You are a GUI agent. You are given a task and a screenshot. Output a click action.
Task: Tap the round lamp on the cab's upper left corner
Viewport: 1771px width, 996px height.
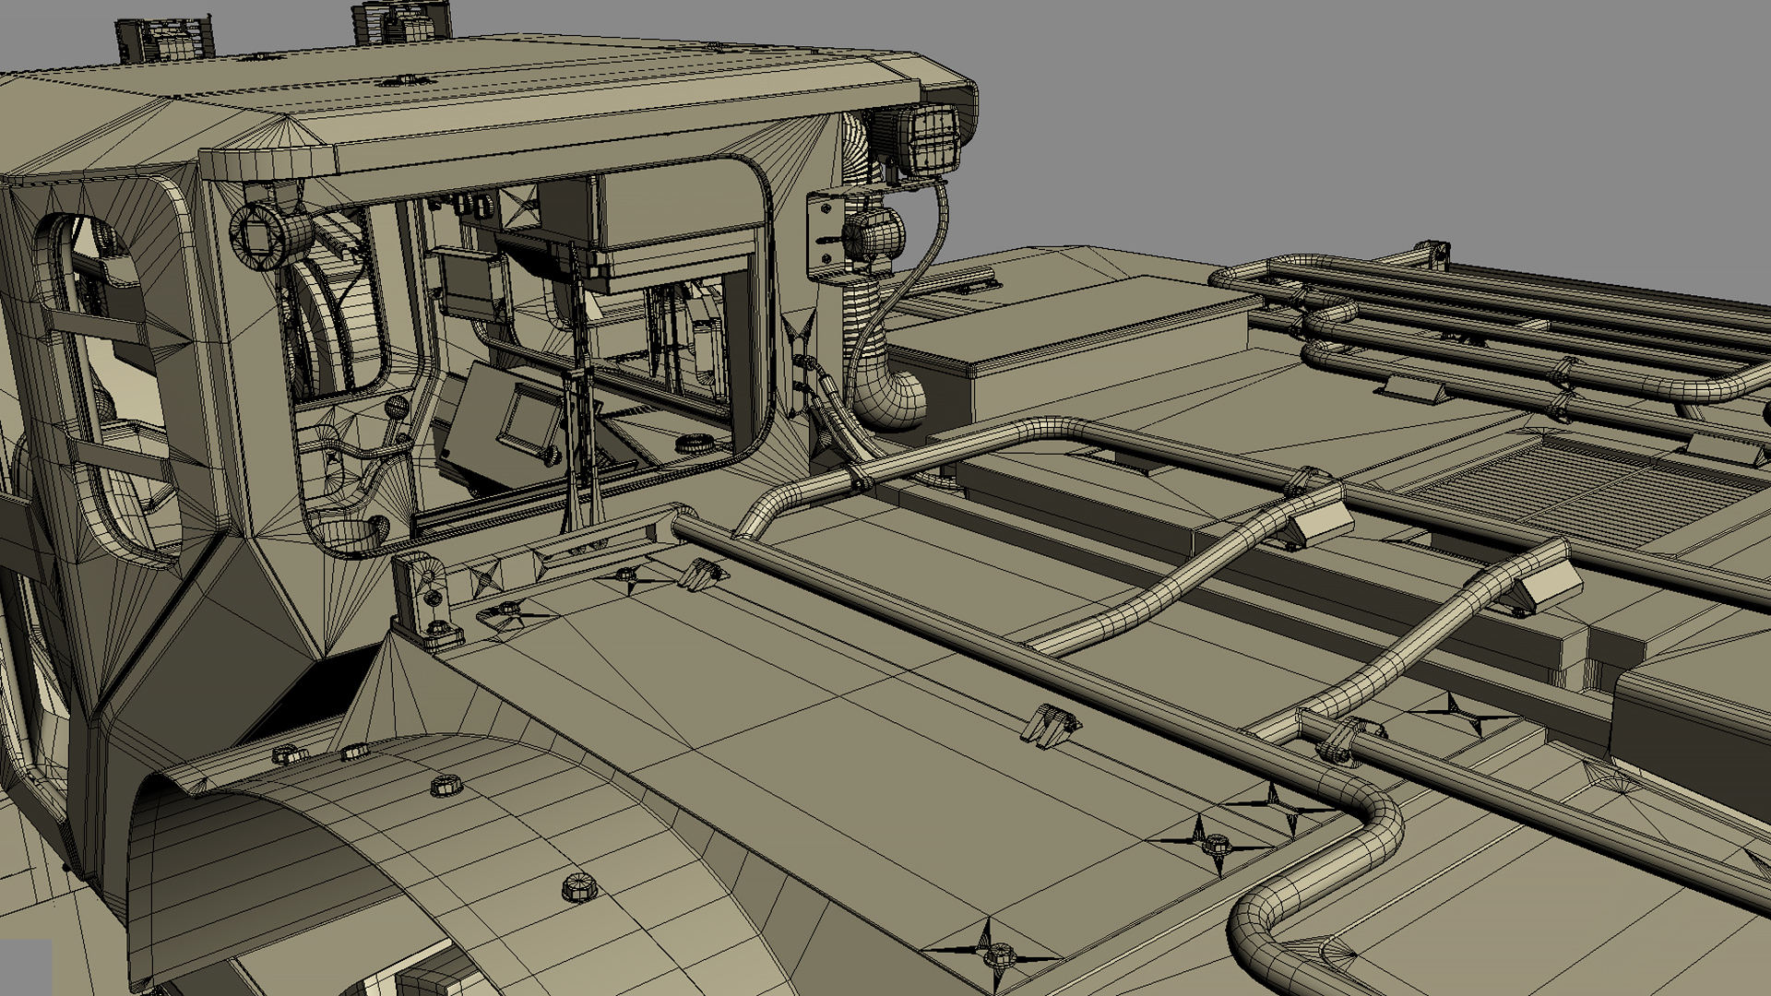[x=261, y=232]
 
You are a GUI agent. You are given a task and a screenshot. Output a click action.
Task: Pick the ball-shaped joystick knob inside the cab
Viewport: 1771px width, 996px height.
[x=398, y=407]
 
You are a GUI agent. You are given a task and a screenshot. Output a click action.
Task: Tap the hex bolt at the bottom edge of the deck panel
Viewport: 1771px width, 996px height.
[x=997, y=954]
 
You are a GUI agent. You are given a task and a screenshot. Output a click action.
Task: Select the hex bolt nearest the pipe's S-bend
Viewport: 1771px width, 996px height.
[x=1216, y=844]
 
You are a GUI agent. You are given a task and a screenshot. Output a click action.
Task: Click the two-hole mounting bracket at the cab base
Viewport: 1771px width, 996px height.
[x=428, y=599]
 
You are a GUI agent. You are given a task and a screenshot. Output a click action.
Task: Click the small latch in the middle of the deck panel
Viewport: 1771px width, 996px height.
[x=1047, y=723]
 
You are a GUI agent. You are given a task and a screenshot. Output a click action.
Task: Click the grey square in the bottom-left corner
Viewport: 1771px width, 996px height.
[x=25, y=966]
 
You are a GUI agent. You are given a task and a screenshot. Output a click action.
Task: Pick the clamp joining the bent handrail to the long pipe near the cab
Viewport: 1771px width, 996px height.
[x=857, y=480]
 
